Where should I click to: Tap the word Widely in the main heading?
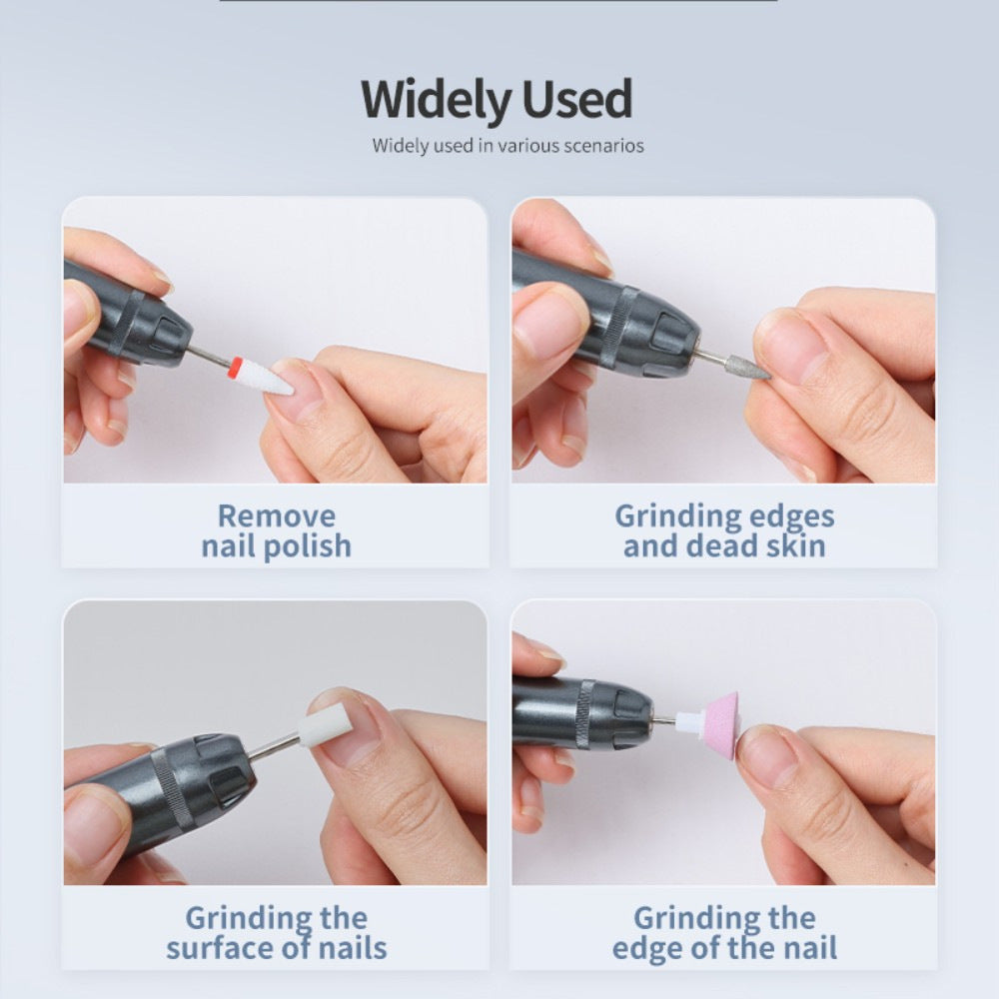pyautogui.click(x=437, y=100)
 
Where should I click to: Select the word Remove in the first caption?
pyautogui.click(x=277, y=515)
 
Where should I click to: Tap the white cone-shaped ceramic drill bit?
pyautogui.click(x=265, y=377)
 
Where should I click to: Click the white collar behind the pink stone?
pyautogui.click(x=687, y=721)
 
